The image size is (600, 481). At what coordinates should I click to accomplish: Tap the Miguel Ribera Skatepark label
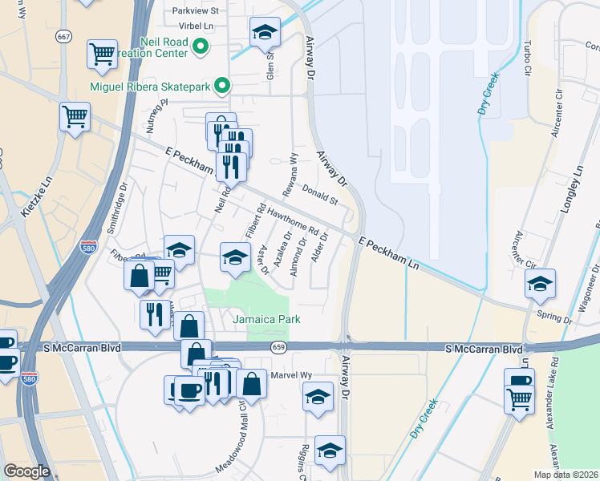point(160,86)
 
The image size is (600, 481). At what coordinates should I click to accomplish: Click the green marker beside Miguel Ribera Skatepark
point(227,86)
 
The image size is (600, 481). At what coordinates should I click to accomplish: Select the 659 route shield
point(278,347)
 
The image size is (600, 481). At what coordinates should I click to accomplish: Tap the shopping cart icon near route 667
point(103,54)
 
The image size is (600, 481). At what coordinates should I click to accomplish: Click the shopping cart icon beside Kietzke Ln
point(75,117)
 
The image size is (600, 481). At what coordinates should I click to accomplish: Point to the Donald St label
point(318,194)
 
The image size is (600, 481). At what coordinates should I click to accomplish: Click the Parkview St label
point(197,10)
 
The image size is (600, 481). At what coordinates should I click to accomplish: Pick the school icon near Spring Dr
point(540,283)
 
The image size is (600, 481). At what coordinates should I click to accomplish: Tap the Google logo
point(27,471)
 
